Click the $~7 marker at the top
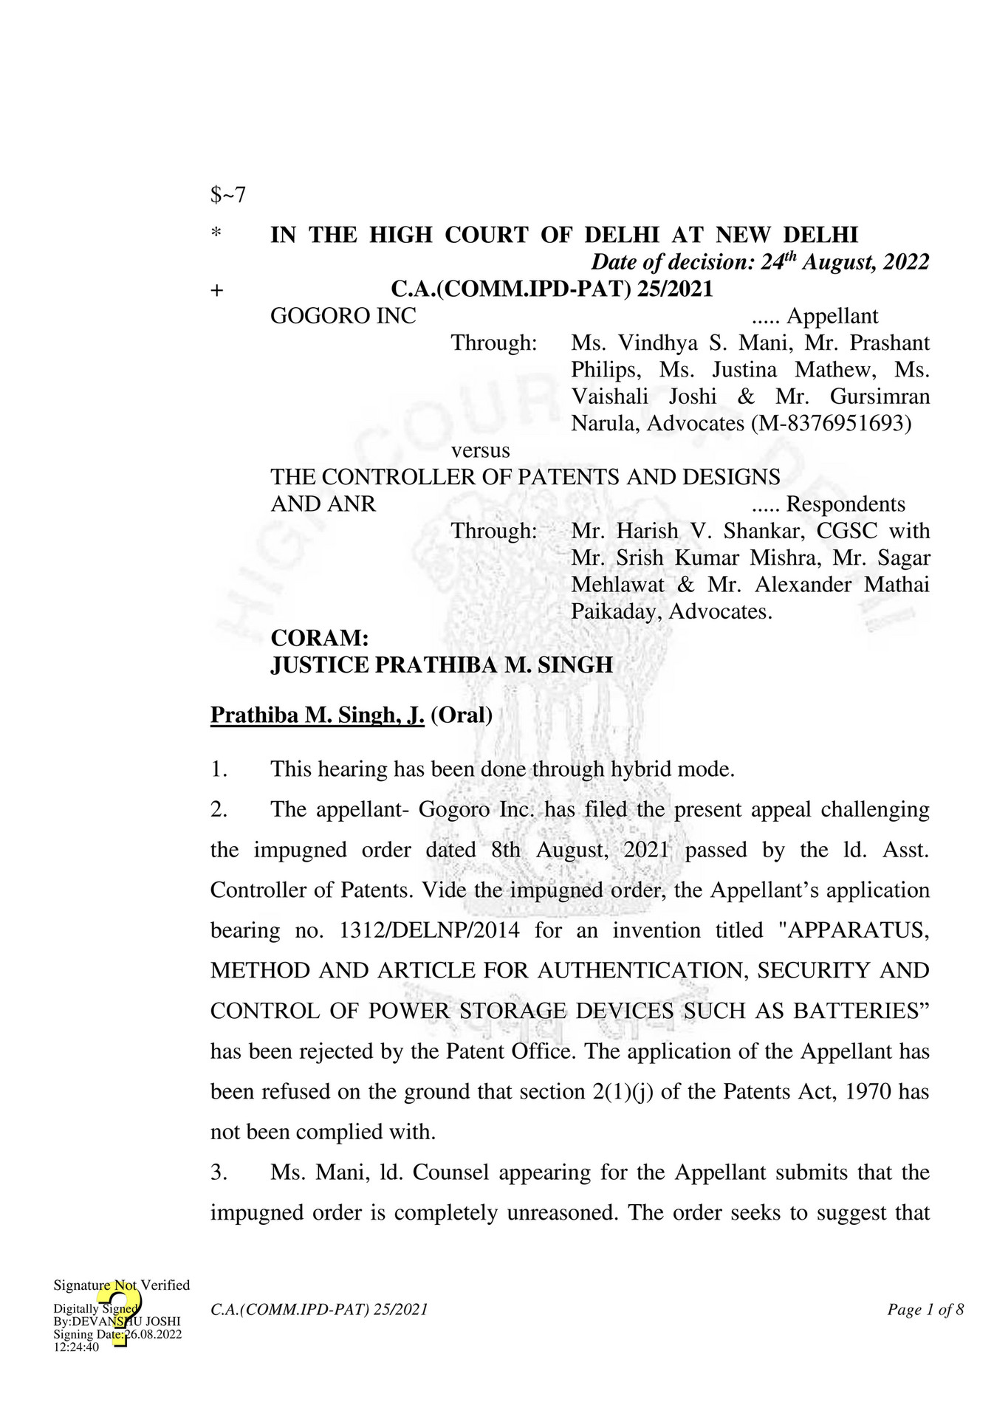227,196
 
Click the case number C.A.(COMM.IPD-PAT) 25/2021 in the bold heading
552,289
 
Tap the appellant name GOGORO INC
343,316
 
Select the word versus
480,450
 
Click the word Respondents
845,504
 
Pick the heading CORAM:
319,638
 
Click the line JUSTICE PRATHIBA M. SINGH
442,665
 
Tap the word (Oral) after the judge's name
462,715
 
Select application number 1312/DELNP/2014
429,930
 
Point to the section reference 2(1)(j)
623,1091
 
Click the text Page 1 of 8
925,1310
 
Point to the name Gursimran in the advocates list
880,396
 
